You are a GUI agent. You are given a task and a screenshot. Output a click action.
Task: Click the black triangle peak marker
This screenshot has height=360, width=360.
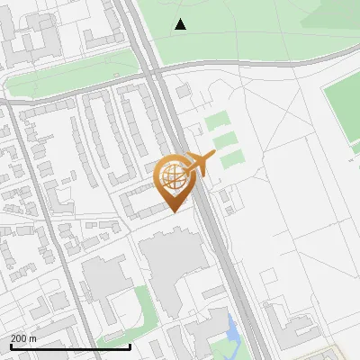pos(181,24)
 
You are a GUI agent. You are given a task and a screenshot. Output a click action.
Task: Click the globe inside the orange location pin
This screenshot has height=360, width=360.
pos(174,177)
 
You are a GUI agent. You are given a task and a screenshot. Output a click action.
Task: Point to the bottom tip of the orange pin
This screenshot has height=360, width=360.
pos(174,211)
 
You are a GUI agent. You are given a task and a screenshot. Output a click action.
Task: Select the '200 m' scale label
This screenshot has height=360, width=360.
pos(23,338)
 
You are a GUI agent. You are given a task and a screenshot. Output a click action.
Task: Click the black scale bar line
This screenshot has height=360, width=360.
pos(70,346)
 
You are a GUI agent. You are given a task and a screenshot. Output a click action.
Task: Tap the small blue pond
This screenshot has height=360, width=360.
pos(233,330)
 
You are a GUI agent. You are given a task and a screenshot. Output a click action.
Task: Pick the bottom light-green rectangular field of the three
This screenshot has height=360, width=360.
pos(232,159)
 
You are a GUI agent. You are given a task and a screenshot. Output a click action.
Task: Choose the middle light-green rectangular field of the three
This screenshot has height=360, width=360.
pos(225,140)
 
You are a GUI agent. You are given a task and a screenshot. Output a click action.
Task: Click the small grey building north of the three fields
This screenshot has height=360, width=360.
pos(184,92)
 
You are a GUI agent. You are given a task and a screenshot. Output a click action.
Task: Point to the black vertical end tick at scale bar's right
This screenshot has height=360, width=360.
pos(130,346)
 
